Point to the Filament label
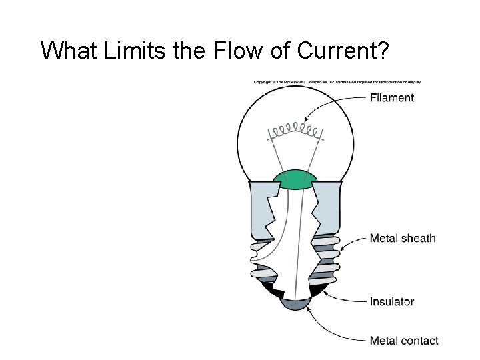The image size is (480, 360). click(391, 98)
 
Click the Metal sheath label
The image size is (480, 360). click(402, 238)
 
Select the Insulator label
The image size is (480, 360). click(391, 302)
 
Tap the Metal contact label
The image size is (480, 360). click(403, 341)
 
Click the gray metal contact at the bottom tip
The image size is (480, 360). click(296, 303)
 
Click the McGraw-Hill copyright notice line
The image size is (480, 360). click(337, 82)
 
